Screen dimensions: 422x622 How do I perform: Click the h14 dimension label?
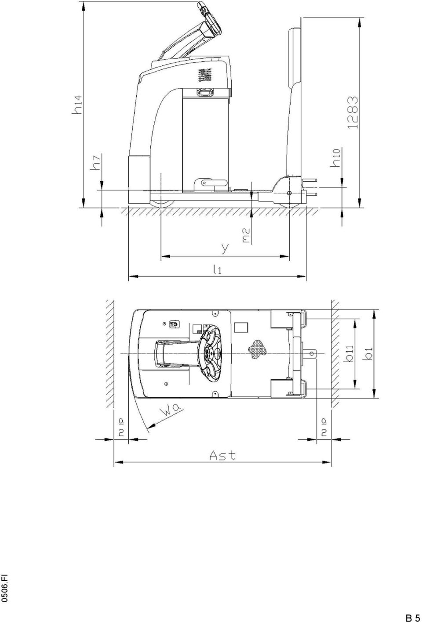point(77,104)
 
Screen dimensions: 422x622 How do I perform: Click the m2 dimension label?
point(247,235)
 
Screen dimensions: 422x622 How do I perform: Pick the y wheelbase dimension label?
point(225,248)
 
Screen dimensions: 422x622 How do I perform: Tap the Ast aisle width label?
point(222,455)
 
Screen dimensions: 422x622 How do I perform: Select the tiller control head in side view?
point(209,18)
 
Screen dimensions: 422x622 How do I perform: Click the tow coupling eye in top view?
point(312,353)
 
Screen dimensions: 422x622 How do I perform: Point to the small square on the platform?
point(241,327)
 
